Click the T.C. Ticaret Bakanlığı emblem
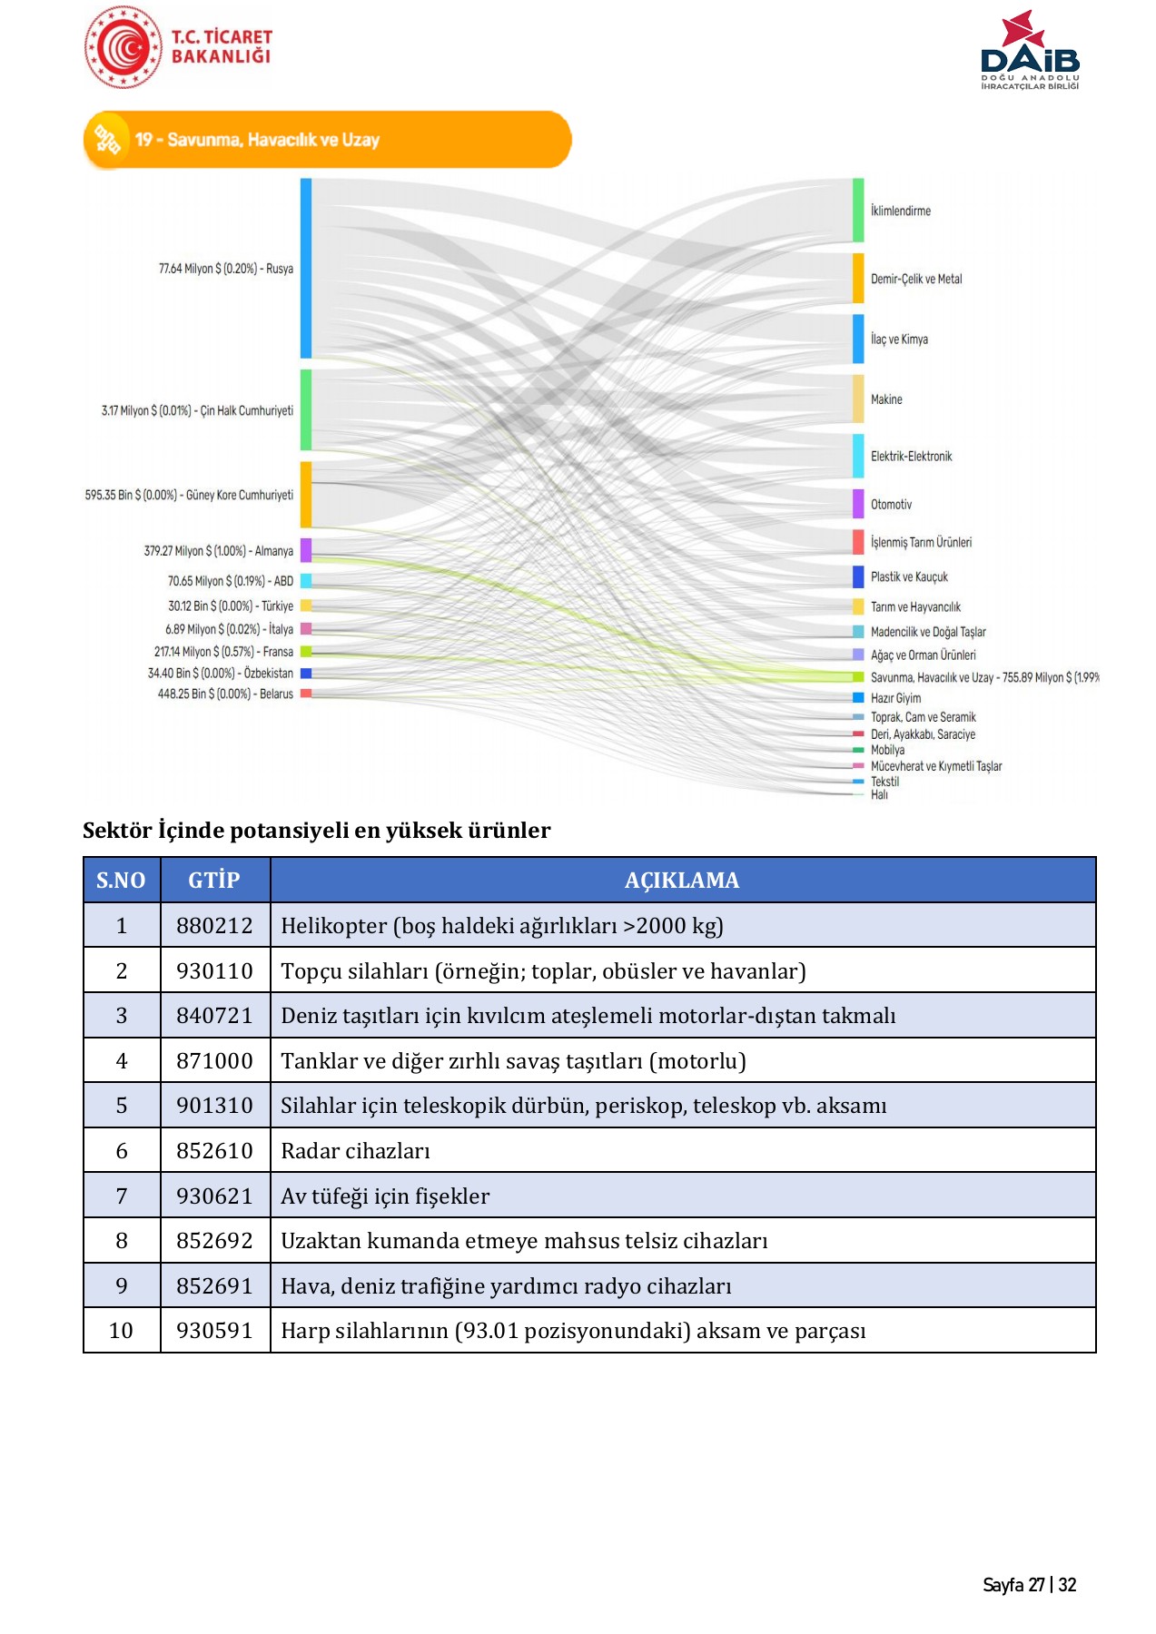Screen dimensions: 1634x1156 [124, 47]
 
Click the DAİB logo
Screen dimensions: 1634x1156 [1030, 51]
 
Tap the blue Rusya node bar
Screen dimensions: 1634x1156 [306, 268]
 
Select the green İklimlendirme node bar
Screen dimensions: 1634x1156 [858, 211]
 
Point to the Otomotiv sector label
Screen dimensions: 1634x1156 [891, 505]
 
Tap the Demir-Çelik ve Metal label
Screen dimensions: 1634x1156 [915, 279]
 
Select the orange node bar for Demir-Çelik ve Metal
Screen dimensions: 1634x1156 [858, 278]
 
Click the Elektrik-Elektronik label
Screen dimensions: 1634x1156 [911, 457]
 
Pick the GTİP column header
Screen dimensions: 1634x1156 [214, 880]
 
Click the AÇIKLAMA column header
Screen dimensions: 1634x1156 [682, 880]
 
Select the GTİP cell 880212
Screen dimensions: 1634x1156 [214, 925]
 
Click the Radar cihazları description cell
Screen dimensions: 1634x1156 [355, 1150]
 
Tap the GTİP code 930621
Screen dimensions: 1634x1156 [214, 1196]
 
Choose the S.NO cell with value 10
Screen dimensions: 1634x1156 [121, 1330]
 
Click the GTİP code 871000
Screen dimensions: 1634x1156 [214, 1060]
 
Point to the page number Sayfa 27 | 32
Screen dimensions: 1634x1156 [1029, 1585]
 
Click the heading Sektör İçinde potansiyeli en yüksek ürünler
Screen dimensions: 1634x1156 [316, 830]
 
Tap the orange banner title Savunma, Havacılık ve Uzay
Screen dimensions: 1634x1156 [257, 140]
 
